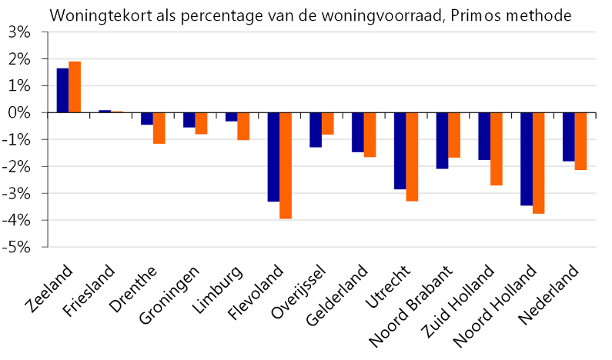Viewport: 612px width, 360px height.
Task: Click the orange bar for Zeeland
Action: click(75, 87)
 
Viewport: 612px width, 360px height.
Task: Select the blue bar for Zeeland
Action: click(62, 91)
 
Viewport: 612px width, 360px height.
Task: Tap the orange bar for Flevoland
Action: click(286, 165)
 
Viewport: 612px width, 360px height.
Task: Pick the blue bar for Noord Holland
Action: click(527, 159)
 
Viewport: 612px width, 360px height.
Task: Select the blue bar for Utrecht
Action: click(400, 151)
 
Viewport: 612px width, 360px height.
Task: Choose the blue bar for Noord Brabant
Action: click(442, 141)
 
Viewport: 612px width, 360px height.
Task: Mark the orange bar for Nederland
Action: click(580, 142)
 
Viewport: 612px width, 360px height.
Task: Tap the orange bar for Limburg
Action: click(243, 126)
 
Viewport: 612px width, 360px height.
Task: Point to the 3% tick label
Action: click(18, 32)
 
